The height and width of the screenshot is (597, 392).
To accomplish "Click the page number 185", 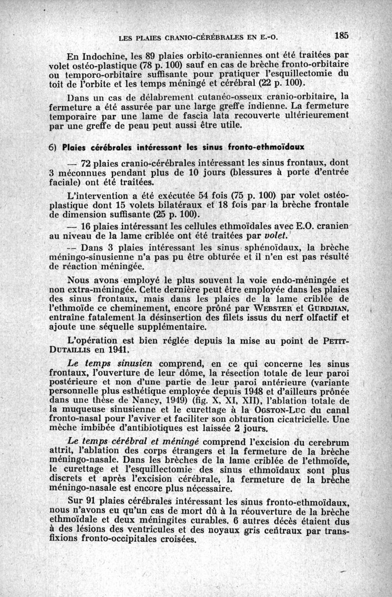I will tap(342, 35).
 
